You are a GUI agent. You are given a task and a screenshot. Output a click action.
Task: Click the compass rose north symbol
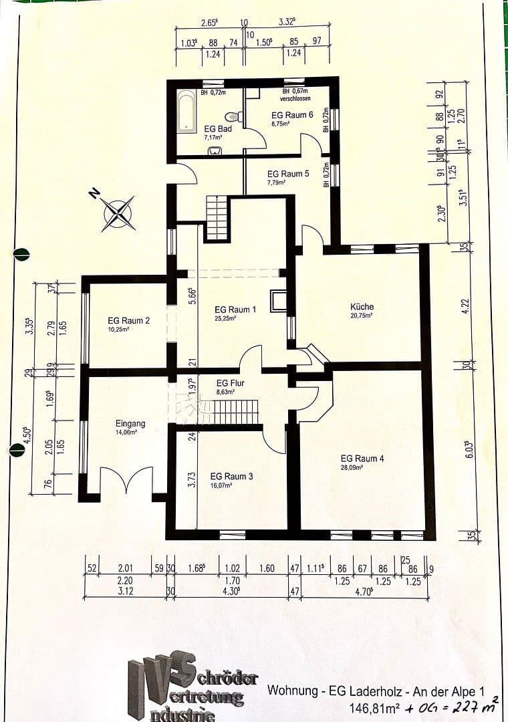coord(118,213)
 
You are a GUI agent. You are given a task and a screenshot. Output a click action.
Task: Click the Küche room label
coord(362,307)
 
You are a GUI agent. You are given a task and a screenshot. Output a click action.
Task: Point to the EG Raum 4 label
coord(362,459)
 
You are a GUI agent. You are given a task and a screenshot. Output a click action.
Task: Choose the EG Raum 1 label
coord(235,310)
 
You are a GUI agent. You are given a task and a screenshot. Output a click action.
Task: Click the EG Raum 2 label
coord(129,320)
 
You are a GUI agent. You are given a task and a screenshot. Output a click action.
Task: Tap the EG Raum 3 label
coord(231,476)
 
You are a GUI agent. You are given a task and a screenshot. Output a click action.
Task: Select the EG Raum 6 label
coord(292,115)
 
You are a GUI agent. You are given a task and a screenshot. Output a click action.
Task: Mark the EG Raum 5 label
coord(287,173)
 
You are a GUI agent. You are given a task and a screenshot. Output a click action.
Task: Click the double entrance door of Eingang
coord(126,481)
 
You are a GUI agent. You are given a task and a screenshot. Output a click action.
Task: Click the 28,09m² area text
coord(352,468)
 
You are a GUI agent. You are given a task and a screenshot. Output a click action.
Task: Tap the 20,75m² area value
coord(362,315)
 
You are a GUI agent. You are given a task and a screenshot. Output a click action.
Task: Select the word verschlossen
coord(295,98)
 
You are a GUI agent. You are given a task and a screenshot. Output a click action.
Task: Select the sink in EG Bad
coord(215,150)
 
